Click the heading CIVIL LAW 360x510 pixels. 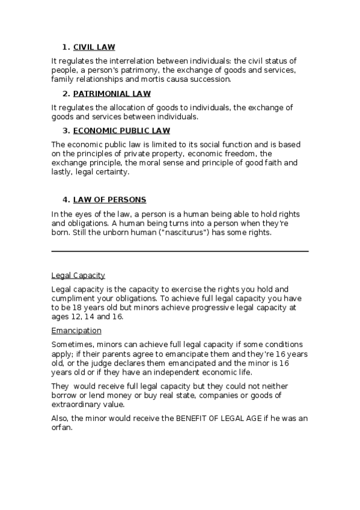[x=94, y=47]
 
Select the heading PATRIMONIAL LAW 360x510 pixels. [x=112, y=94]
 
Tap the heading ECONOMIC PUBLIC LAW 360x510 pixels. [x=121, y=131]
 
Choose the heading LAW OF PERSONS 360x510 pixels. [x=109, y=200]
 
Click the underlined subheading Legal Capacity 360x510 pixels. [x=78, y=275]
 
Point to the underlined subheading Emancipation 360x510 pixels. [x=76, y=331]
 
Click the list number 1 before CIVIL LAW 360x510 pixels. [x=64, y=47]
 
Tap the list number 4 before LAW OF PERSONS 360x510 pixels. [x=64, y=200]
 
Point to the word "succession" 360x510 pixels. [x=210, y=79]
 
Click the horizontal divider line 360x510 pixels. [x=180, y=251]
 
